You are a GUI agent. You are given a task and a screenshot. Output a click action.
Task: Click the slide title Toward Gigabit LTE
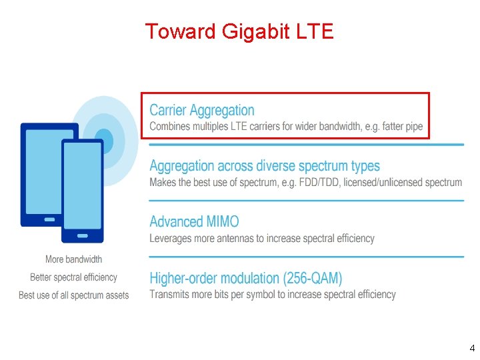tap(239, 31)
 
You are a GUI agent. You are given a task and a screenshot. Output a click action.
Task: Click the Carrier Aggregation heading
tap(201, 111)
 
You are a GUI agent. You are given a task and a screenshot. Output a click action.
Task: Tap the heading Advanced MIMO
tap(194, 222)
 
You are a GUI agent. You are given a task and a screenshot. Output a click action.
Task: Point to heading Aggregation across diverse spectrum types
tap(265, 166)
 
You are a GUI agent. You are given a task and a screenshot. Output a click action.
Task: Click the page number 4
tap(471, 347)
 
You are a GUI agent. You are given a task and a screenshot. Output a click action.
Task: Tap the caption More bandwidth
tap(73, 259)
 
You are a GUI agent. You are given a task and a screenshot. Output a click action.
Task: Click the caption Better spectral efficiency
tap(73, 277)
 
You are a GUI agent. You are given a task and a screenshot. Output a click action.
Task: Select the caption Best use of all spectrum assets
tap(73, 295)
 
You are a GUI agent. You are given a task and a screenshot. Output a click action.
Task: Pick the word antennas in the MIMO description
tap(253, 239)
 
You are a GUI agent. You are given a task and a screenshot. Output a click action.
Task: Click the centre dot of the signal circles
tap(104, 141)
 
